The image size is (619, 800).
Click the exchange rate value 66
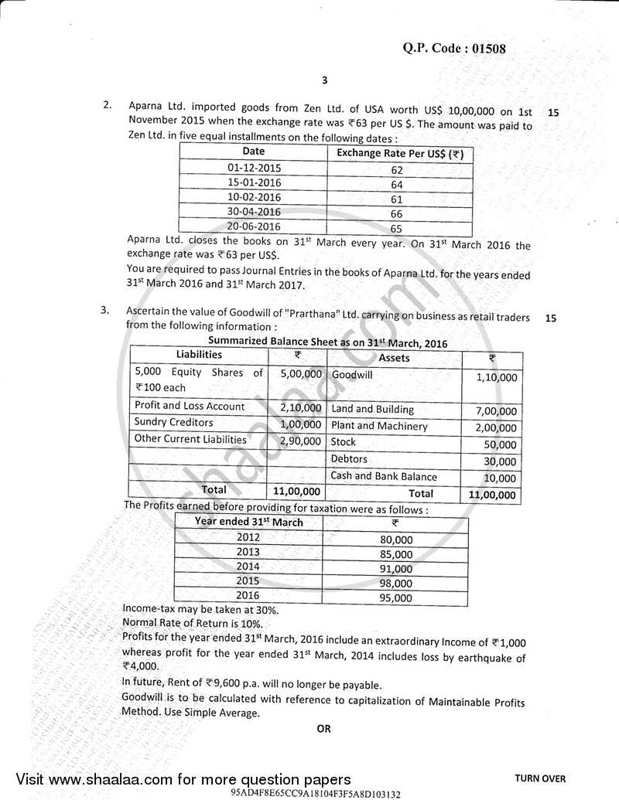click(398, 213)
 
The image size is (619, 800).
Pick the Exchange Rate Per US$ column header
click(400, 153)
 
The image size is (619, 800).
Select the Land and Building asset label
click(372, 410)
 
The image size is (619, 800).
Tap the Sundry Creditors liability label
click(174, 422)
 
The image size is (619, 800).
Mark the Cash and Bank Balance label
click(384, 476)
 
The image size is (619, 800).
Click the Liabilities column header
click(199, 354)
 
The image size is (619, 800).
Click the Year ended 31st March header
click(248, 522)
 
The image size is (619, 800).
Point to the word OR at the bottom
click(323, 728)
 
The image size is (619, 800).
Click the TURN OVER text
click(540, 778)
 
